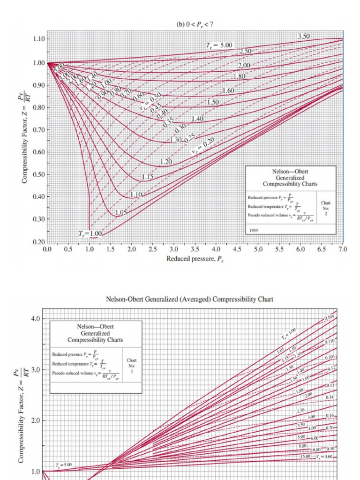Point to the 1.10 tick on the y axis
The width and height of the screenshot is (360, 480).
pos(38,38)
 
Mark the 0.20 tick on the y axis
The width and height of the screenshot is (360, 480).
pos(38,241)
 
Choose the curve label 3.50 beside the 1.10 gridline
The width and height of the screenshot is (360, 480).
pos(304,36)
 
